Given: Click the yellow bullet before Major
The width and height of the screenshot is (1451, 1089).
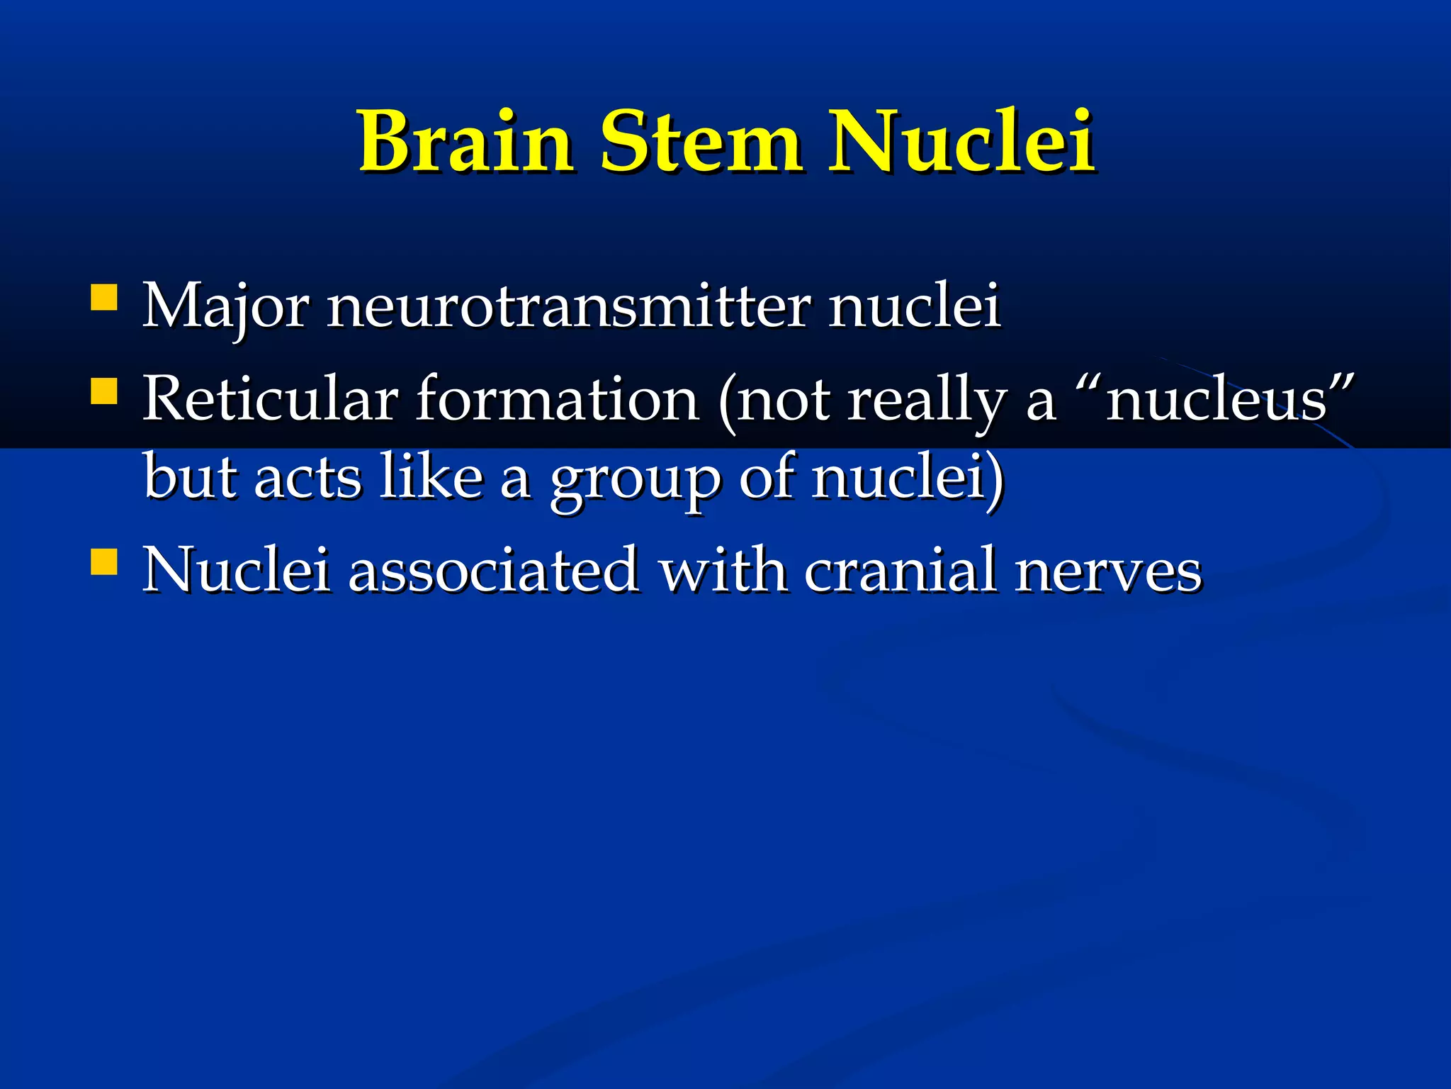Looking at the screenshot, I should pyautogui.click(x=103, y=298).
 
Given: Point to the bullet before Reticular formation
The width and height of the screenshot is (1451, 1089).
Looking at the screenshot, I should pyautogui.click(x=103, y=391).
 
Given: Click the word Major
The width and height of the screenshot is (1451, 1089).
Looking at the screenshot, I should pyautogui.click(x=225, y=306).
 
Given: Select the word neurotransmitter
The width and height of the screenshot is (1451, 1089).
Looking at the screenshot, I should pyautogui.click(x=568, y=306).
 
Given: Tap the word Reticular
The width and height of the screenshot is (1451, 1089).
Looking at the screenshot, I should pyautogui.click(x=270, y=399).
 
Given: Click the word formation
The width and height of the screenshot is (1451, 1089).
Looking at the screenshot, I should pyautogui.click(x=558, y=399).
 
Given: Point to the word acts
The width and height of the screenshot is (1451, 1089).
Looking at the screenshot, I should pyautogui.click(x=307, y=477).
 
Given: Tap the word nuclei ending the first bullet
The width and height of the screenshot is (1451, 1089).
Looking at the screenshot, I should pyautogui.click(x=914, y=306).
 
